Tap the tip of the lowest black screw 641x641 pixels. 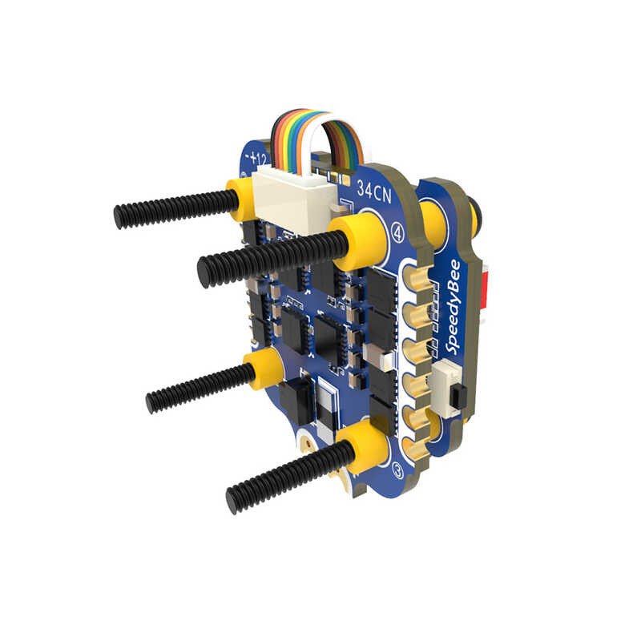click(x=233, y=502)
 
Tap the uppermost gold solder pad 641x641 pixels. click(x=419, y=283)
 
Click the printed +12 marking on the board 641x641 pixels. click(x=257, y=156)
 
